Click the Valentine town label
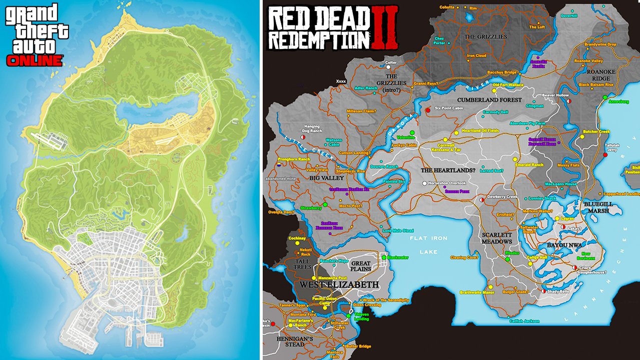406,137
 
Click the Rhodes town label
512,253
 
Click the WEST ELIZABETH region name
339,284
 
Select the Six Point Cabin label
450,108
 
